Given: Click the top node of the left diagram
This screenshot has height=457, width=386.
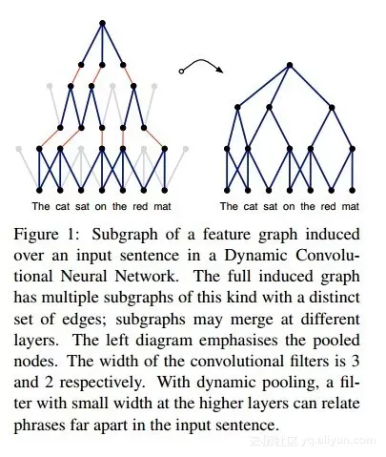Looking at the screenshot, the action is coord(102,23).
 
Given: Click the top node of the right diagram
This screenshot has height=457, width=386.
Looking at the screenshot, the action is coord(290,65).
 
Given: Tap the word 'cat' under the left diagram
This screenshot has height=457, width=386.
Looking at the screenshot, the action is coord(63,206).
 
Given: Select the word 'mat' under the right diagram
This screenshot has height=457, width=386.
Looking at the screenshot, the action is coord(351,206).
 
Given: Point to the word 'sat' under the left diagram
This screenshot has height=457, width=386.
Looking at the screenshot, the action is coord(83,206).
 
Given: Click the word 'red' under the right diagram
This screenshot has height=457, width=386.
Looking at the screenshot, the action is coord(329,206).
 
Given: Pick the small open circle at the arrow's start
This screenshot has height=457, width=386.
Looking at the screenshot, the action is coord(181,72).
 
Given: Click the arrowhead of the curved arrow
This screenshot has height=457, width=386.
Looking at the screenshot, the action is coord(220,70).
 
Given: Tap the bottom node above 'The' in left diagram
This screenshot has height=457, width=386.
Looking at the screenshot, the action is coord(39,190).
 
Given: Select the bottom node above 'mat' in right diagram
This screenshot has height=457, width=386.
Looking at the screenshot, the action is coord(352,190).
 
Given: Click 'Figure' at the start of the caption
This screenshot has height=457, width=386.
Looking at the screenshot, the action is coord(36,236).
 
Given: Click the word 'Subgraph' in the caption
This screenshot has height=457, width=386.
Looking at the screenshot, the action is coord(125,236).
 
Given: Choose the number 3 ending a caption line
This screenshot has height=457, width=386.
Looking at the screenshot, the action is coord(356,362).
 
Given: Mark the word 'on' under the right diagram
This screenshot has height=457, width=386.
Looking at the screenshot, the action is coord(289,207).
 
